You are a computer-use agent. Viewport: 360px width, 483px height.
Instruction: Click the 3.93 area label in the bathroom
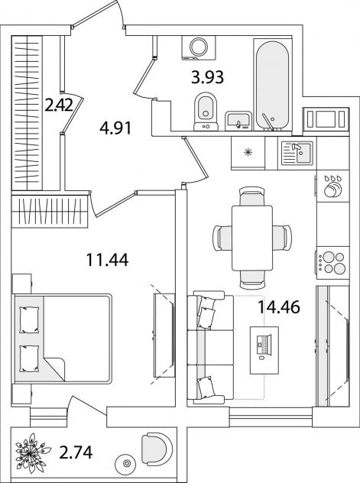pyautogui.click(x=207, y=77)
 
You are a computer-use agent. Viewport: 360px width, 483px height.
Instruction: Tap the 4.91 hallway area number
pyautogui.click(x=115, y=128)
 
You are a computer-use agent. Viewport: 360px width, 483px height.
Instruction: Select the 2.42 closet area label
pyautogui.click(x=59, y=106)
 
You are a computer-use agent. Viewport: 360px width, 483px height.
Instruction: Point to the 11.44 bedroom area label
pyautogui.click(x=107, y=259)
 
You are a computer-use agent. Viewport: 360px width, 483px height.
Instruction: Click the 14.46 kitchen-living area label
pyautogui.click(x=279, y=307)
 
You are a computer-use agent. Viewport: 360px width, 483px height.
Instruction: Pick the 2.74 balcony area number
pyautogui.click(x=76, y=452)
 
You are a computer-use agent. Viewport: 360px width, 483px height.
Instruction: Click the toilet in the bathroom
pyautogui.click(x=206, y=112)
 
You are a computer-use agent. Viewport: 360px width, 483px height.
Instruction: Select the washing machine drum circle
pyautogui.click(x=199, y=47)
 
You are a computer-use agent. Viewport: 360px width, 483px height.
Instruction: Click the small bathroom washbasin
pyautogui.click(x=238, y=121)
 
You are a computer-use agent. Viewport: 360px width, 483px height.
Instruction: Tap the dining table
pyautogui.click(x=252, y=238)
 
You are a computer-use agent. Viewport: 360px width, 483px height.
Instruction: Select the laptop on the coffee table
pyautogui.click(x=264, y=345)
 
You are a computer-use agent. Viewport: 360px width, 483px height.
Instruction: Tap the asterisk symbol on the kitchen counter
pyautogui.click(x=248, y=152)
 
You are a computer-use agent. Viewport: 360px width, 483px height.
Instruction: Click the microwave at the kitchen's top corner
pyautogui.click(x=326, y=118)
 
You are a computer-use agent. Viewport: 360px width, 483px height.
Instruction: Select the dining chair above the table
pyautogui.click(x=252, y=196)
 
